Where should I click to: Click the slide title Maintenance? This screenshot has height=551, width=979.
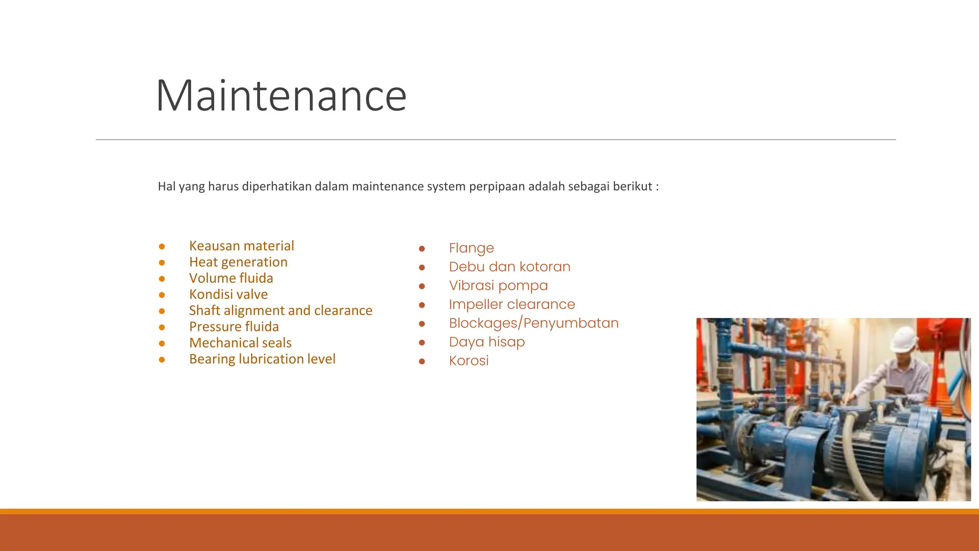281,96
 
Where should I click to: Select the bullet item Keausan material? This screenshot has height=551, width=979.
241,246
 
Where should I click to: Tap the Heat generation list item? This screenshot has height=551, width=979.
238,262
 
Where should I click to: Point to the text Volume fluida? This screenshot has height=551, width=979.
231,278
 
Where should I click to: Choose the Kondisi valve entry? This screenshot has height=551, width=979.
228,294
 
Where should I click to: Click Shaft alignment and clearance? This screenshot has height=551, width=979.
280,310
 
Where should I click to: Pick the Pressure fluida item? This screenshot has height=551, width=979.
234,327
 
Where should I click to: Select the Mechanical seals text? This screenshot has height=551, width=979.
240,343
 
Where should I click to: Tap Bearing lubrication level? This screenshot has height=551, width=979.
262,359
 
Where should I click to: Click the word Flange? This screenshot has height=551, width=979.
471,248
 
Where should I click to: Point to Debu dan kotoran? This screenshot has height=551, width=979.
509,267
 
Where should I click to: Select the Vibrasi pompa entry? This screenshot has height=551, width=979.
498,286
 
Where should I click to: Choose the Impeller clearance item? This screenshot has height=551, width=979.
511,304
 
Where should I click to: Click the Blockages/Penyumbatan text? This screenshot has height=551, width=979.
533,323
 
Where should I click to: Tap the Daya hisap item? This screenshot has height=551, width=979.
487,342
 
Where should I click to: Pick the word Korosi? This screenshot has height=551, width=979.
468,361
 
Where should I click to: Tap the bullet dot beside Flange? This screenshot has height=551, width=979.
422,249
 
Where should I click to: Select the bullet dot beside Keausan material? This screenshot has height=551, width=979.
162,246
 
